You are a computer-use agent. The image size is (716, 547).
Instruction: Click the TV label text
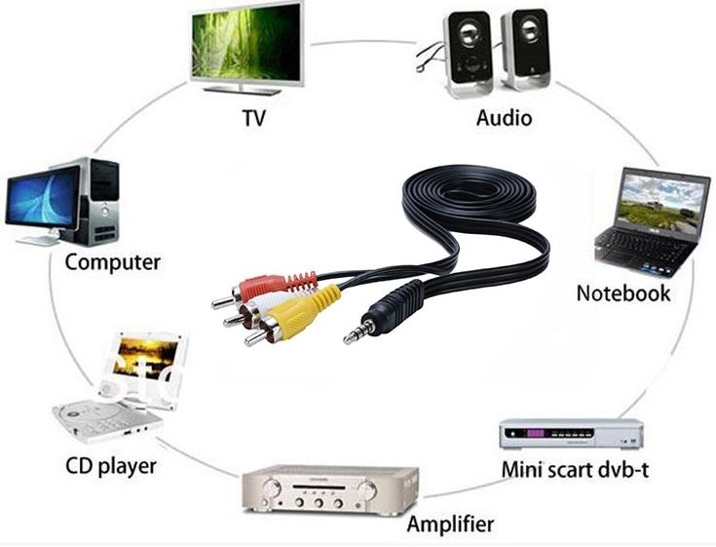253,118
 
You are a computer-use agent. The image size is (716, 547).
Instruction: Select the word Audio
504,118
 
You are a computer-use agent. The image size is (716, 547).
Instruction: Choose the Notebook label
622,293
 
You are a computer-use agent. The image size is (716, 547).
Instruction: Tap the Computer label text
112,261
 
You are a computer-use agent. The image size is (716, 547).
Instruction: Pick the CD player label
110,465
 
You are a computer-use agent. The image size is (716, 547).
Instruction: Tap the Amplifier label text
450,524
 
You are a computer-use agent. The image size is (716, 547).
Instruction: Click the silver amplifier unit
329,489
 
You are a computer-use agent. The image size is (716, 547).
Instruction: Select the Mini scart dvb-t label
575,469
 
